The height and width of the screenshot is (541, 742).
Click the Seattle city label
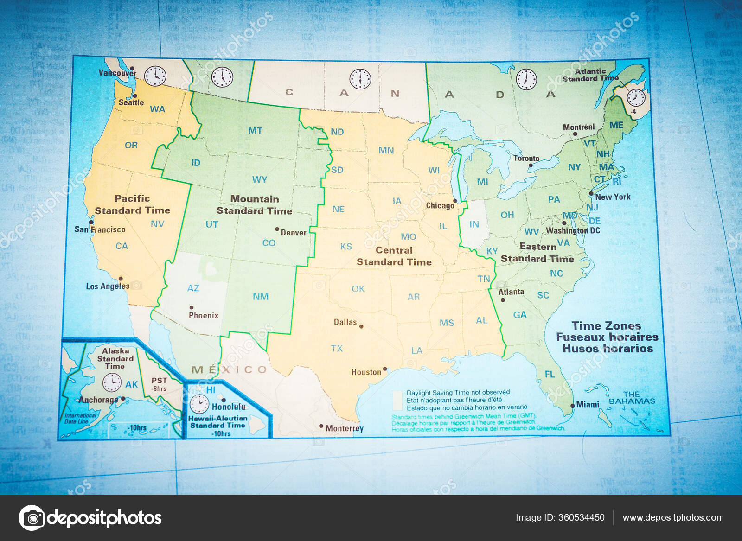click(x=131, y=102)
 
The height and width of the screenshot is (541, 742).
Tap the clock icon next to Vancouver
click(x=155, y=76)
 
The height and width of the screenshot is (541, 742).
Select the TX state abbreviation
click(x=337, y=348)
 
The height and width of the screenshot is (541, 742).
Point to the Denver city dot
click(x=277, y=229)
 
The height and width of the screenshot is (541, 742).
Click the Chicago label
click(x=440, y=205)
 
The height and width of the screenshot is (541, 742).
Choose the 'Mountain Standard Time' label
click(x=254, y=205)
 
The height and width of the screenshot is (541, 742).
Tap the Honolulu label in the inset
click(x=229, y=407)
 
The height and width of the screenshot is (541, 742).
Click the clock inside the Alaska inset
click(x=112, y=382)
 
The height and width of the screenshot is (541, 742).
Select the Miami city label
click(x=588, y=405)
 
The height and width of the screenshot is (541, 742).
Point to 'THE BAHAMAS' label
click(x=632, y=398)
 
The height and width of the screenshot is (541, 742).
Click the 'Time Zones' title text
click(x=606, y=326)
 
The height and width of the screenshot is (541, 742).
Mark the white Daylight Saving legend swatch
click(x=397, y=400)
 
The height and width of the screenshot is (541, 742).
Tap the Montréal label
click(x=578, y=127)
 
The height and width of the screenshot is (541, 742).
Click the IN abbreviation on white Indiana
click(x=474, y=224)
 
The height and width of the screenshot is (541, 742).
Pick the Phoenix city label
click(x=203, y=316)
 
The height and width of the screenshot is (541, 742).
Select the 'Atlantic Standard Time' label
click(x=590, y=75)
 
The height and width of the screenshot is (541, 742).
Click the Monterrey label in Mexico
click(x=344, y=428)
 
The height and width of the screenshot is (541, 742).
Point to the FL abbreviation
click(x=550, y=374)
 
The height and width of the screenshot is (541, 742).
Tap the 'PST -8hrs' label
click(x=159, y=384)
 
